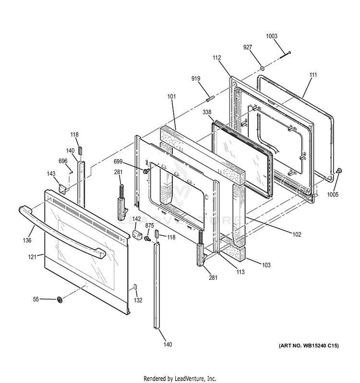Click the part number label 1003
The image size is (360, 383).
pyautogui.click(x=285, y=36)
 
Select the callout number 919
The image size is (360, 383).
pyautogui.click(x=196, y=78)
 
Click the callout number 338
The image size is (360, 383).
pyautogui.click(x=206, y=112)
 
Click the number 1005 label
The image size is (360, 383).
pyautogui.click(x=333, y=194)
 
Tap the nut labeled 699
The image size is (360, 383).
pyautogui.click(x=144, y=171)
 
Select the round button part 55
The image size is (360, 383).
pyautogui.click(x=60, y=300)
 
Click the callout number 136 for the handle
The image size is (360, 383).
pyautogui.click(x=27, y=240)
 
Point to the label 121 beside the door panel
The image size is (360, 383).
pyautogui.click(x=32, y=257)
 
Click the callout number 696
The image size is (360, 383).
pyautogui.click(x=63, y=161)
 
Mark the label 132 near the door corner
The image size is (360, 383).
pyautogui.click(x=138, y=300)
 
